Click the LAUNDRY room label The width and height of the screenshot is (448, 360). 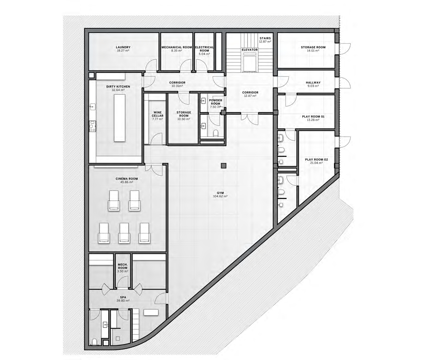click(x=123, y=47)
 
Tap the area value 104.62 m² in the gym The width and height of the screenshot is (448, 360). click(x=220, y=196)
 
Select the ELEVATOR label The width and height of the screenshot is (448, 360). click(x=250, y=50)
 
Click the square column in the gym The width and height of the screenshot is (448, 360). click(x=224, y=166)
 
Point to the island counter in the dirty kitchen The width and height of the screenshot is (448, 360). click(x=120, y=118)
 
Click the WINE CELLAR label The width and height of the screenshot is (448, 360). click(x=157, y=114)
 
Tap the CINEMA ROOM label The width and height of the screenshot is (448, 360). click(x=127, y=179)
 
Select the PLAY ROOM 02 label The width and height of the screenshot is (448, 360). click(x=316, y=160)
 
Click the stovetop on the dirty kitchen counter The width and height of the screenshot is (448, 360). click(x=92, y=126)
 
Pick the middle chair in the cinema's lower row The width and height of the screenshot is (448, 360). click(x=124, y=233)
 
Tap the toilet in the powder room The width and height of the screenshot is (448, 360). click(x=216, y=133)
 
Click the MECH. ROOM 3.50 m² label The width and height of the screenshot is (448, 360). click(x=123, y=268)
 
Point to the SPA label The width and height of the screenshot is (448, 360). click(x=123, y=297)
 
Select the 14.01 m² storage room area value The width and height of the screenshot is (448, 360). click(x=313, y=51)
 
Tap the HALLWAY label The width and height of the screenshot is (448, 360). click(x=313, y=82)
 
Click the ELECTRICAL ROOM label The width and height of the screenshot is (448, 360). click(x=205, y=49)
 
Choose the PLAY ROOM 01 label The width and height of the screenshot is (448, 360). click(x=313, y=117)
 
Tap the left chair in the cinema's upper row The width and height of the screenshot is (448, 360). click(x=114, y=200)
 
